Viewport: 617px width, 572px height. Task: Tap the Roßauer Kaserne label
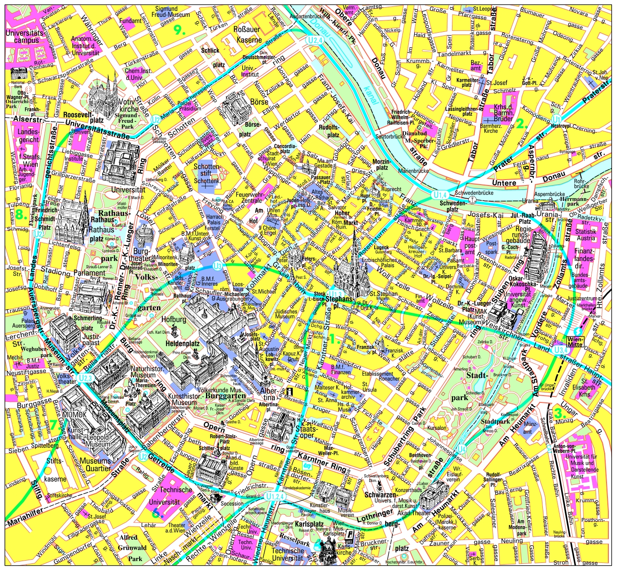pyautogui.click(x=249, y=35)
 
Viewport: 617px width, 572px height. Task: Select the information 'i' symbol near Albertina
pyautogui.click(x=289, y=391)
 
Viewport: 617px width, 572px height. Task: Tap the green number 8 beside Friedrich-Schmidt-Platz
pyautogui.click(x=20, y=215)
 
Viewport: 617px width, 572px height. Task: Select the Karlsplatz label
pyautogui.click(x=309, y=523)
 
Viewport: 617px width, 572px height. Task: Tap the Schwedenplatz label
pyautogui.click(x=452, y=206)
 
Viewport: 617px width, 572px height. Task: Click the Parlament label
pyautogui.click(x=89, y=273)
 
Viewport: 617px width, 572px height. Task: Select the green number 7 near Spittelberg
pyautogui.click(x=54, y=424)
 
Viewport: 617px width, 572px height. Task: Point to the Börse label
pyautogui.click(x=259, y=102)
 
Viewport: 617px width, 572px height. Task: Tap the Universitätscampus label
pyautogui.click(x=25, y=37)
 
